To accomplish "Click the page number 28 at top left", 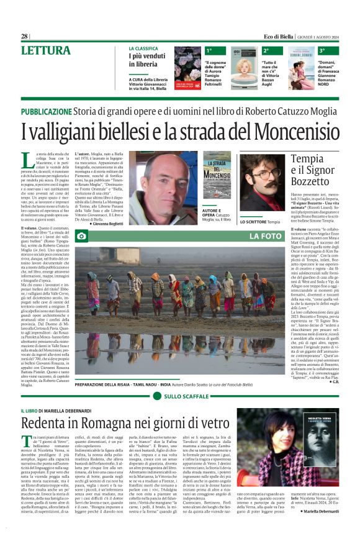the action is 25,36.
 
